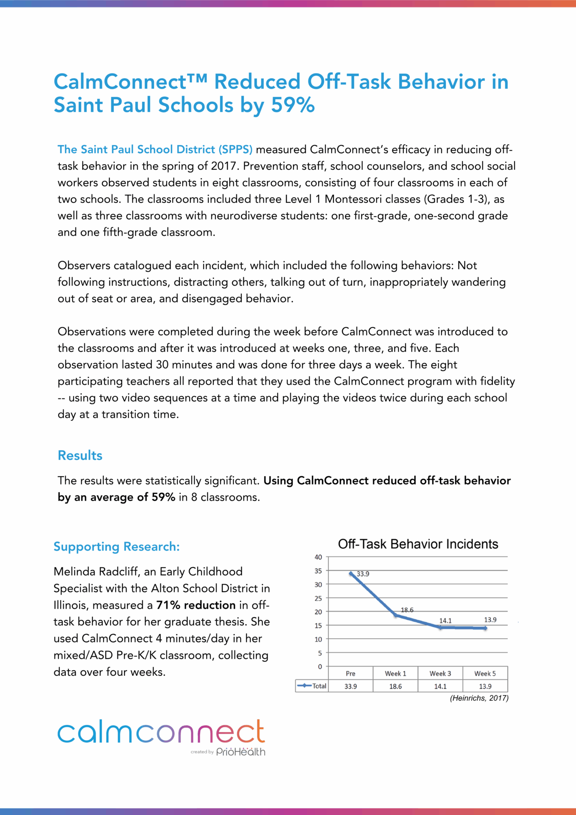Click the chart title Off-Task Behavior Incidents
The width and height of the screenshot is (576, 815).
(418, 544)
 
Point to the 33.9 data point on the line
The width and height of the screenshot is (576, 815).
(351, 573)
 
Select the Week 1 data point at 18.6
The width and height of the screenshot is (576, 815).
(396, 615)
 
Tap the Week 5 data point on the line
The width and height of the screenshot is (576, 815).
(485, 628)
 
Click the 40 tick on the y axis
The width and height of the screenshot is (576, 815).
(318, 557)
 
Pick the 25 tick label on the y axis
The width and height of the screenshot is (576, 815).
(318, 598)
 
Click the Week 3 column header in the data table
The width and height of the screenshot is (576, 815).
(440, 673)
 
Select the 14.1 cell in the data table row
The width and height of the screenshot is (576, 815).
(440, 686)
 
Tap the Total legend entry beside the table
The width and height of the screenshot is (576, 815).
(313, 686)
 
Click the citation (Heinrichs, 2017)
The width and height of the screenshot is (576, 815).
(479, 698)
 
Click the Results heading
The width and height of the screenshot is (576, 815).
(80, 455)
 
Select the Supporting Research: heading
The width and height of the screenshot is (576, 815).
(117, 547)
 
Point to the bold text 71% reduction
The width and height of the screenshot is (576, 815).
(196, 605)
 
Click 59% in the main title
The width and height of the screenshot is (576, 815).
(293, 105)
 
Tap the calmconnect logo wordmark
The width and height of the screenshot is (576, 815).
(161, 732)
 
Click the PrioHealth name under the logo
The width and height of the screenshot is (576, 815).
(240, 752)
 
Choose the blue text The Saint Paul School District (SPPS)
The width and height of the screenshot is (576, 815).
(155, 149)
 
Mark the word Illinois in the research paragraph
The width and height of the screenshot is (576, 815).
(70, 605)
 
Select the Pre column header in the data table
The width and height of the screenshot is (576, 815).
(351, 673)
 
